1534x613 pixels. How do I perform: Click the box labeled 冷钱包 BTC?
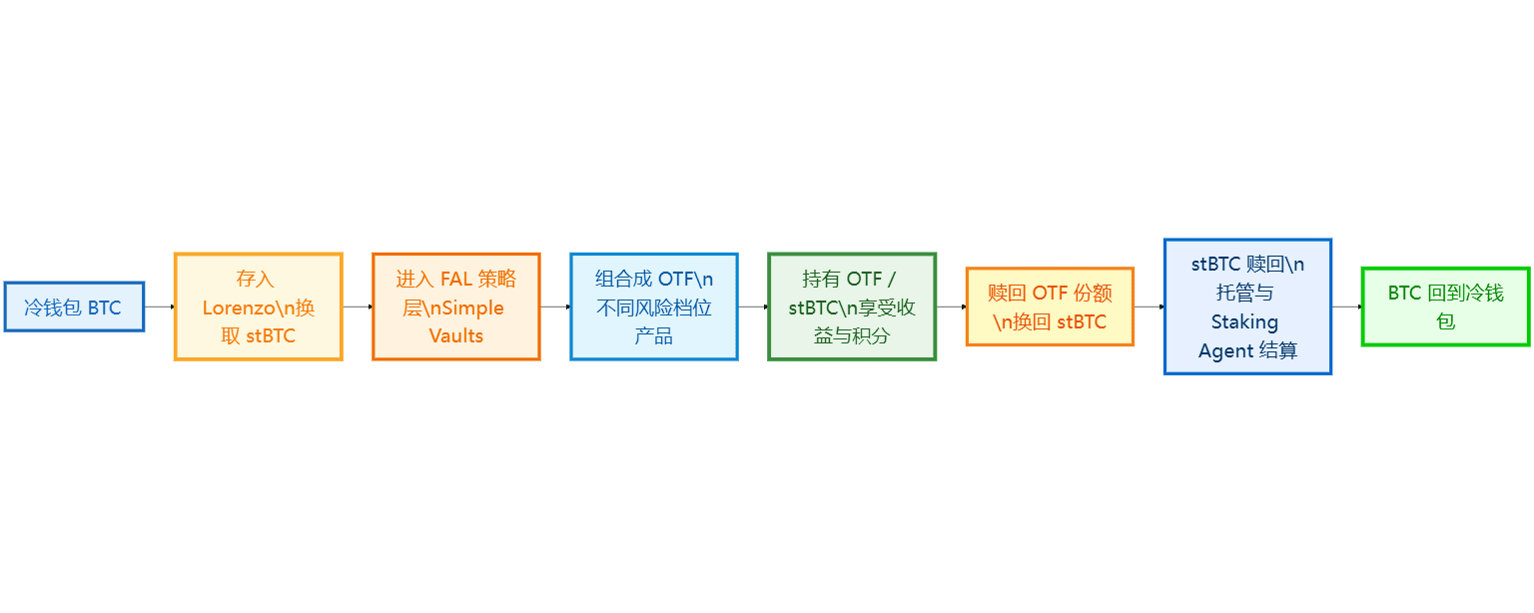click(74, 306)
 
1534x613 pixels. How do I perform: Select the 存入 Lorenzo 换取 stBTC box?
click(258, 306)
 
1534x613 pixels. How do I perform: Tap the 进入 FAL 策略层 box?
click(455, 306)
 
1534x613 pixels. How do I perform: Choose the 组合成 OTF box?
click(653, 306)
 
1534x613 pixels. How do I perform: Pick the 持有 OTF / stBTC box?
click(851, 306)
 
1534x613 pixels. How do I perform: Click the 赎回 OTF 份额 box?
click(1049, 306)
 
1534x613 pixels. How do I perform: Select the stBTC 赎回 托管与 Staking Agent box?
click(1246, 306)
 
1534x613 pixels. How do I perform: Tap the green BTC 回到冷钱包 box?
click(1444, 306)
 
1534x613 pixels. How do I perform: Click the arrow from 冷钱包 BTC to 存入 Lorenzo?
click(160, 306)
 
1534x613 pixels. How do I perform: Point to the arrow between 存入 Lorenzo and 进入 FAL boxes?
click(358, 306)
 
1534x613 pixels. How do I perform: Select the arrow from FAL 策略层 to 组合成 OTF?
click(555, 306)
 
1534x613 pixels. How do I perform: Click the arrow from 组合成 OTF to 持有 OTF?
click(753, 306)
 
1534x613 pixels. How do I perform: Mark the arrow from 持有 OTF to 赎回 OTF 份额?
click(951, 306)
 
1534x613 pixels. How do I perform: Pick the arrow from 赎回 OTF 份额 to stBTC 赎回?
click(1149, 306)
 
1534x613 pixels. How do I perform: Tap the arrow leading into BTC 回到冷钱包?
click(1346, 306)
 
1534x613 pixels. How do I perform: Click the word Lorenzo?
click(239, 307)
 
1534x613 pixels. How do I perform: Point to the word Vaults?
click(455, 335)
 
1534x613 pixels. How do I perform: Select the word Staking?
click(1244, 321)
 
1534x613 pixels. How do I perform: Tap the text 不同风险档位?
click(653, 307)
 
